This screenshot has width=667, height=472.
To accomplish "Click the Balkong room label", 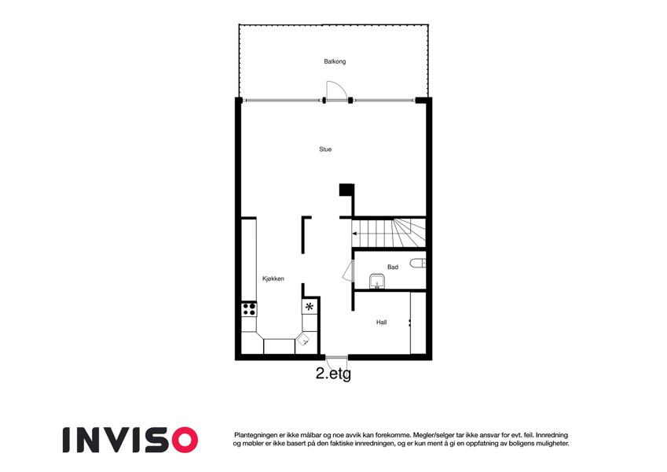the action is tap(335, 62).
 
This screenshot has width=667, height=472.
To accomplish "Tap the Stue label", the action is tap(325, 149).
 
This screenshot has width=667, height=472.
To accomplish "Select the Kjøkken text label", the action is tap(273, 279).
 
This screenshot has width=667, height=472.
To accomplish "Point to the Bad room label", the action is tap(393, 267).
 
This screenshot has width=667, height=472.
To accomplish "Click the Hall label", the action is tap(381, 323).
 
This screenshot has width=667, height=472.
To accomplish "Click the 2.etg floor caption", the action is tap(333, 374).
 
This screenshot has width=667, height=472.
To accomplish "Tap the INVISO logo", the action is tap(130, 440).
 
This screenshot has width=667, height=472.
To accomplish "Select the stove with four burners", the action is tap(249, 309).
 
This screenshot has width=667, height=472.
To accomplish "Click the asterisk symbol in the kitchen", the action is tap(310, 306).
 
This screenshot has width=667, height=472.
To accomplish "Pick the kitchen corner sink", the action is tap(304, 340).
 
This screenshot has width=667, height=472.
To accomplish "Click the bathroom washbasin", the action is tap(377, 282).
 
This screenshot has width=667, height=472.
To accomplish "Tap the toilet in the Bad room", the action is tap(418, 264).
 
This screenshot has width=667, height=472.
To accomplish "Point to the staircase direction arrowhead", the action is tap(354, 234).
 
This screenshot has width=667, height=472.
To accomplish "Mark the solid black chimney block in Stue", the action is tap(346, 190).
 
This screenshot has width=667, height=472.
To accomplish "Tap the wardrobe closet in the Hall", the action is tap(418, 323).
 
